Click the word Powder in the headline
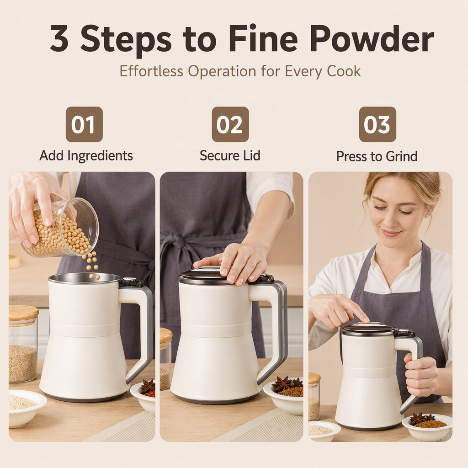tap(372, 39)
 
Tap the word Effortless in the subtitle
tap(151, 71)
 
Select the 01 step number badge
tap(84, 124)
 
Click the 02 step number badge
tap(230, 124)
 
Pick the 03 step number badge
tap(378, 124)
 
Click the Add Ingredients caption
tap(86, 155)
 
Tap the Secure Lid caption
tap(230, 155)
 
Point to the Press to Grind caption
tap(377, 156)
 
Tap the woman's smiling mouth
tap(391, 233)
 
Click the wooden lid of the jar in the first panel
tap(23, 312)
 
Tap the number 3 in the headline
tap(59, 38)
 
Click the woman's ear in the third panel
tap(428, 212)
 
